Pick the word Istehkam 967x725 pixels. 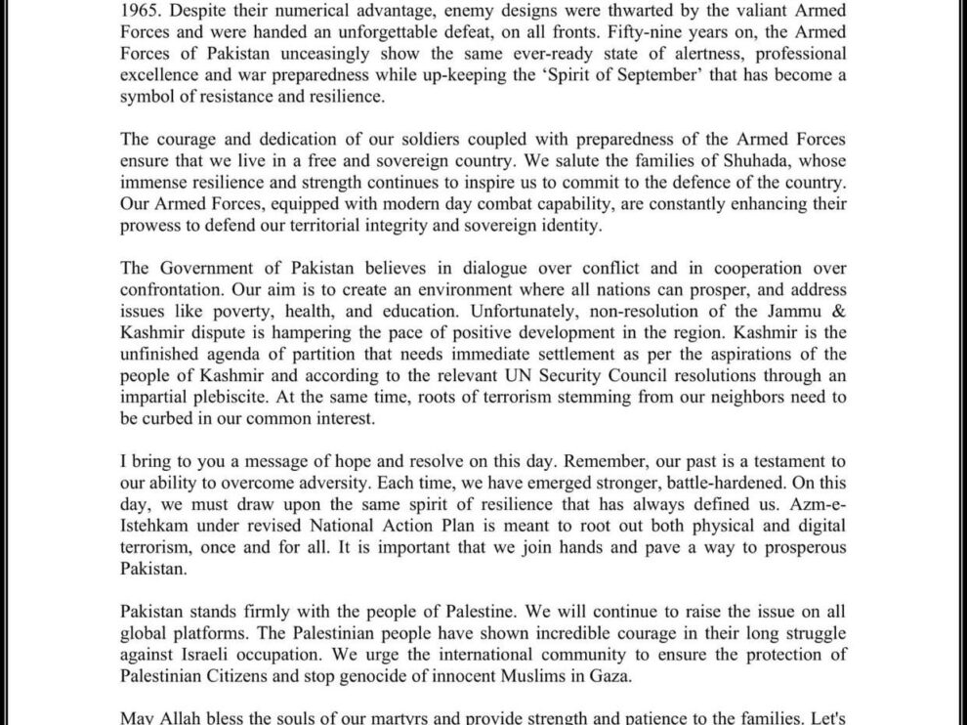[154, 526]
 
